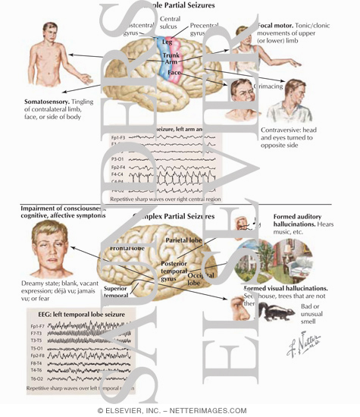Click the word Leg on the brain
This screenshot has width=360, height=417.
[167, 42]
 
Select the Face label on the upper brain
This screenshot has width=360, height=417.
[174, 73]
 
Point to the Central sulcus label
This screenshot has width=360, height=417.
[171, 20]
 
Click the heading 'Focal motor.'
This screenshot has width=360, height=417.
[276, 25]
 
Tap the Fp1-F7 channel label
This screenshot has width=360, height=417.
[36, 325]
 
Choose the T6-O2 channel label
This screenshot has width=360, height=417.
[36, 378]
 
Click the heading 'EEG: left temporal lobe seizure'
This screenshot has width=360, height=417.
[71, 312]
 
